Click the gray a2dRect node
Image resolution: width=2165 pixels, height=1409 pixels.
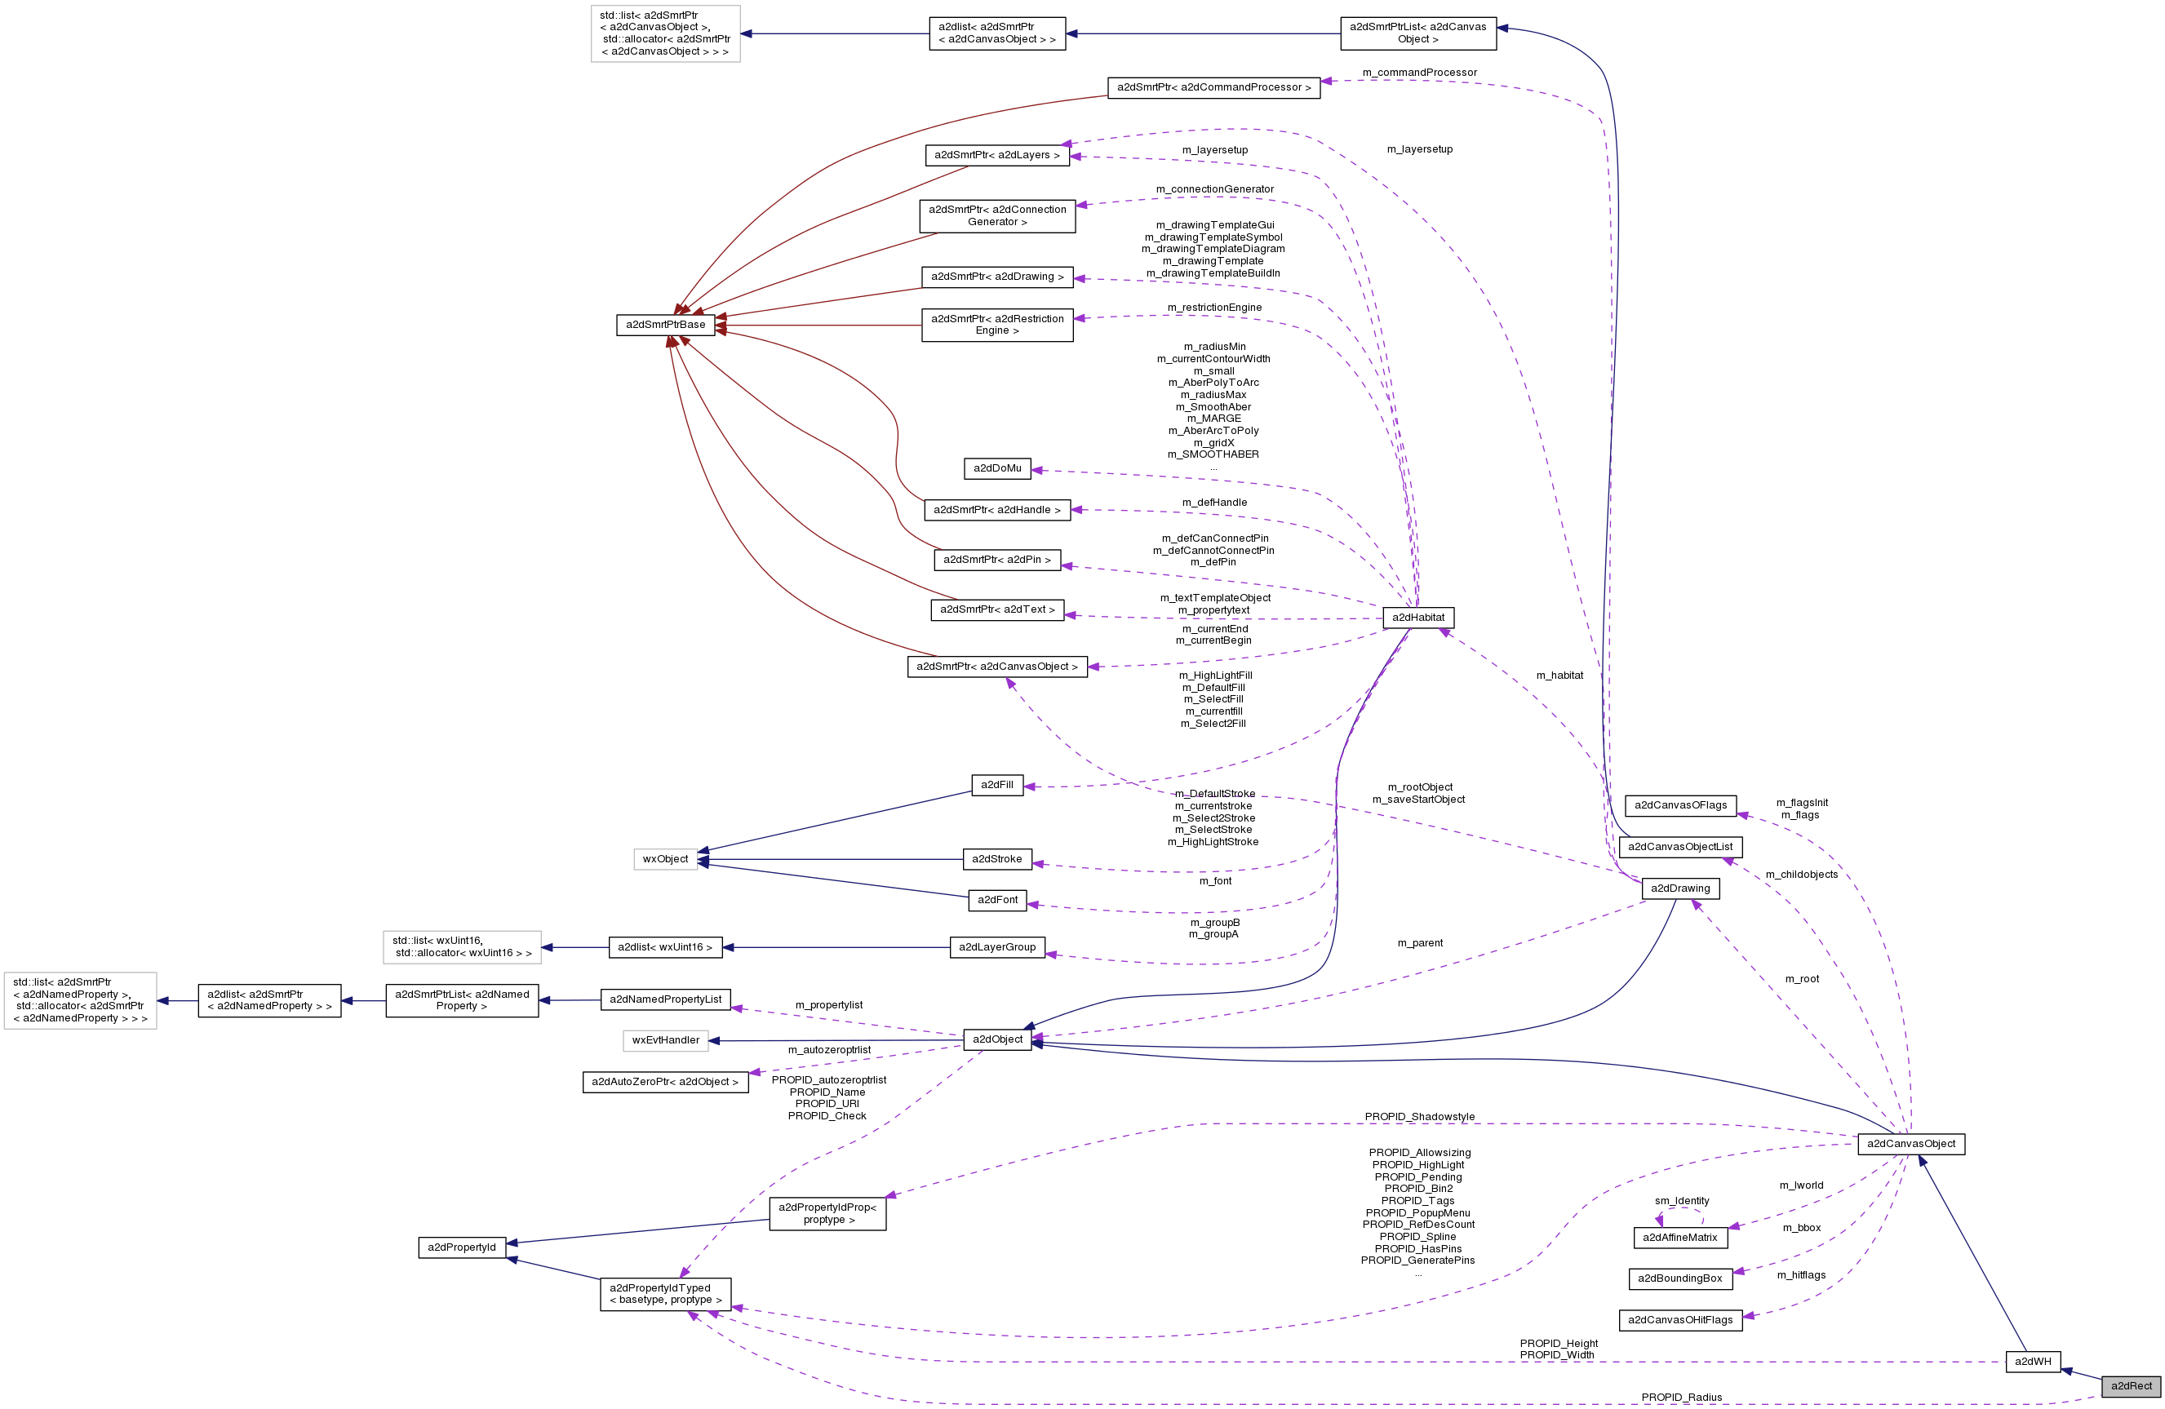pyautogui.click(x=2131, y=1385)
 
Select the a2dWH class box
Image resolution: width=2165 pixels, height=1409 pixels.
pyautogui.click(x=2032, y=1361)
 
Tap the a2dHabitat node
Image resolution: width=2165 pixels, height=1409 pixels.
pyautogui.click(x=1417, y=618)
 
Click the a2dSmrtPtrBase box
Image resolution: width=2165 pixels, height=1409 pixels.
pyautogui.click(x=665, y=325)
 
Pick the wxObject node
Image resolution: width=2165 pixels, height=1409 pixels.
pyautogui.click(x=665, y=858)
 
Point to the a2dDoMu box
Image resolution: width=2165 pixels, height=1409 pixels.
pyautogui.click(x=997, y=468)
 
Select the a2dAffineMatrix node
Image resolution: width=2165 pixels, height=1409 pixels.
pyautogui.click(x=1679, y=1237)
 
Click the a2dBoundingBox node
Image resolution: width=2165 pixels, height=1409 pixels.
pyautogui.click(x=1679, y=1278)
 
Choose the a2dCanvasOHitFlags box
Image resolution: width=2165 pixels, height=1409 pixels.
pyautogui.click(x=1679, y=1320)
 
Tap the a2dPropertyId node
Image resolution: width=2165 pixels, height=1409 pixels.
pyautogui.click(x=461, y=1247)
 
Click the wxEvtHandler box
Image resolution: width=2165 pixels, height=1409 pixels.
pyautogui.click(x=665, y=1039)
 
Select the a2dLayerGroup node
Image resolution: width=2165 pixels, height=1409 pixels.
pyautogui.click(x=997, y=947)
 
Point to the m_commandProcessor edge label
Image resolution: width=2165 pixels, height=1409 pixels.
pyautogui.click(x=1419, y=73)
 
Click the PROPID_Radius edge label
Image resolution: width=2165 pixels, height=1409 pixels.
pyautogui.click(x=1681, y=1398)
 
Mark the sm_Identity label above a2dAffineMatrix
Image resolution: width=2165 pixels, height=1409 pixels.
pyautogui.click(x=1681, y=1201)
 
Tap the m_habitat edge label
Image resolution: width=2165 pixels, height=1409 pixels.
pyautogui.click(x=1559, y=675)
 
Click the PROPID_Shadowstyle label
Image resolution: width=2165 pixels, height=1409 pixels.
pyautogui.click(x=1419, y=1117)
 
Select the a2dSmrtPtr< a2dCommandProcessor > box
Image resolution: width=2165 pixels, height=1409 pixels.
pyautogui.click(x=1213, y=87)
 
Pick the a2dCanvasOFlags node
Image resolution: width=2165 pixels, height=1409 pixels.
pyautogui.click(x=1679, y=805)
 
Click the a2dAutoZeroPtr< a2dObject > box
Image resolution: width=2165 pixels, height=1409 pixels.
pyautogui.click(x=665, y=1082)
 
